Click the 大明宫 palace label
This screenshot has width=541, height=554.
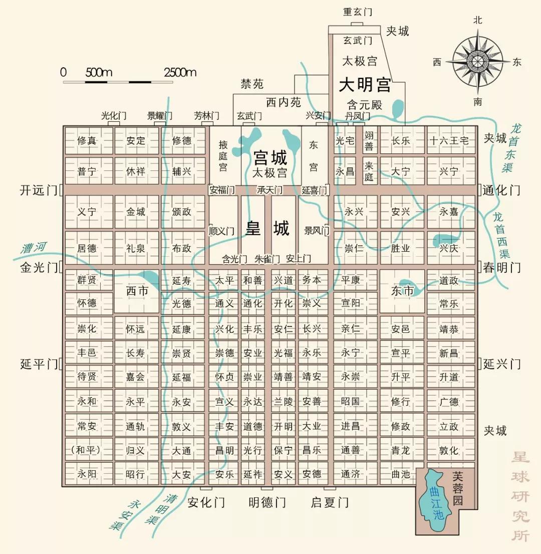coord(365,85)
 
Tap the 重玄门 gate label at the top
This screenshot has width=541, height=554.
coord(357,12)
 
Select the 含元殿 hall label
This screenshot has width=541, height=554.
coord(365,105)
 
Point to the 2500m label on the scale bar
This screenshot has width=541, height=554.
coord(180,72)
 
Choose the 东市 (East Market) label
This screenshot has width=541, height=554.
coord(402,291)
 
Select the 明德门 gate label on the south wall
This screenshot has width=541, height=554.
coord(267,502)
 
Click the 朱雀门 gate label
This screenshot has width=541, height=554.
coord(267,259)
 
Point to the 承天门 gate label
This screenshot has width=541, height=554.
coord(269,191)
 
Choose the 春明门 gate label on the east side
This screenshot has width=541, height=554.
coord(501,268)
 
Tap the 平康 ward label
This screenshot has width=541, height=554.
coord(351,280)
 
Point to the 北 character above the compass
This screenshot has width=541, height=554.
coord(477,20)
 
